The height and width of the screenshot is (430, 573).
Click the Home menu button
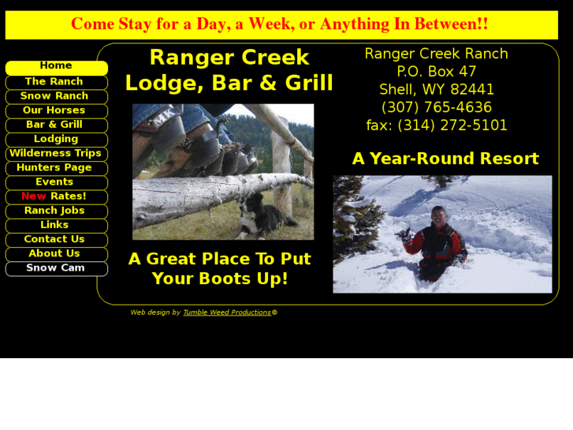(56, 67)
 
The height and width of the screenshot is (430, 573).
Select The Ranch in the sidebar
(56, 82)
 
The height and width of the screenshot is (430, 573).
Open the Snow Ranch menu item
(56, 96)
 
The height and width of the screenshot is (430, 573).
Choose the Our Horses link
(56, 110)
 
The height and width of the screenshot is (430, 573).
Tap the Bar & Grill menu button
(56, 125)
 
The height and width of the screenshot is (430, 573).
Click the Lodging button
(56, 139)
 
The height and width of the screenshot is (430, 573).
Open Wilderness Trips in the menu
(56, 153)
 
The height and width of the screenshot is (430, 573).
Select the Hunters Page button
(56, 167)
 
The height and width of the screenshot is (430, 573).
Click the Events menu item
(56, 182)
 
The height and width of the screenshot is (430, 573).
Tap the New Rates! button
(56, 196)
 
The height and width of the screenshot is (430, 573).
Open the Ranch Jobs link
(56, 211)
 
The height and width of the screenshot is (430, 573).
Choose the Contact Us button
(56, 239)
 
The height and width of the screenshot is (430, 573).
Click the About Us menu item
(56, 253)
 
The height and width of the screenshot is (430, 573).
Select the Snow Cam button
(56, 268)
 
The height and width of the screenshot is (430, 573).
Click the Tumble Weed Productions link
(227, 312)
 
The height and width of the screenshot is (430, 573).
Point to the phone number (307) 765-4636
(436, 107)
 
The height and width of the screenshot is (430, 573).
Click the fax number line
(436, 125)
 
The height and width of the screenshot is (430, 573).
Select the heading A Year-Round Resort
(445, 159)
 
